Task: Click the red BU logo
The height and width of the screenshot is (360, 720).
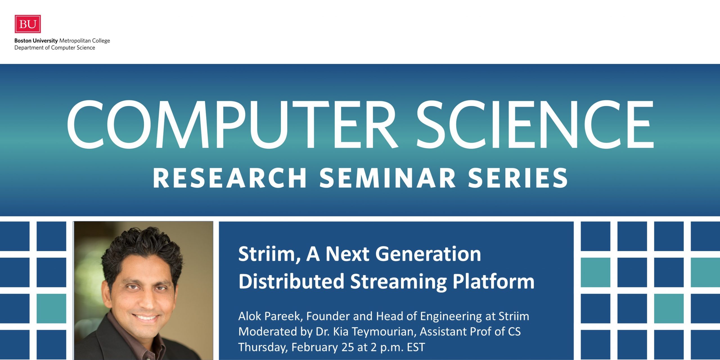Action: point(28,24)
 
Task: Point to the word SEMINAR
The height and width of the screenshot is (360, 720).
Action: point(388,178)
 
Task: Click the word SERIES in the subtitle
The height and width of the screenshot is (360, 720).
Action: point(518,178)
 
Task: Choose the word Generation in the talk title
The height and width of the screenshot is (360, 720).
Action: point(428,254)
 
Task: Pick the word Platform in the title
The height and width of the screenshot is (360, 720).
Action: point(493,281)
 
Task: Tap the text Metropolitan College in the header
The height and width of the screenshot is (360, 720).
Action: point(84,41)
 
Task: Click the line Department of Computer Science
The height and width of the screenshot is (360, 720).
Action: point(55,48)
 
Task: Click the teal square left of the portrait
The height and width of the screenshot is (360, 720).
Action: point(51,309)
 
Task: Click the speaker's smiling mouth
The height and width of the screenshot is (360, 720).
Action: point(146,318)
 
